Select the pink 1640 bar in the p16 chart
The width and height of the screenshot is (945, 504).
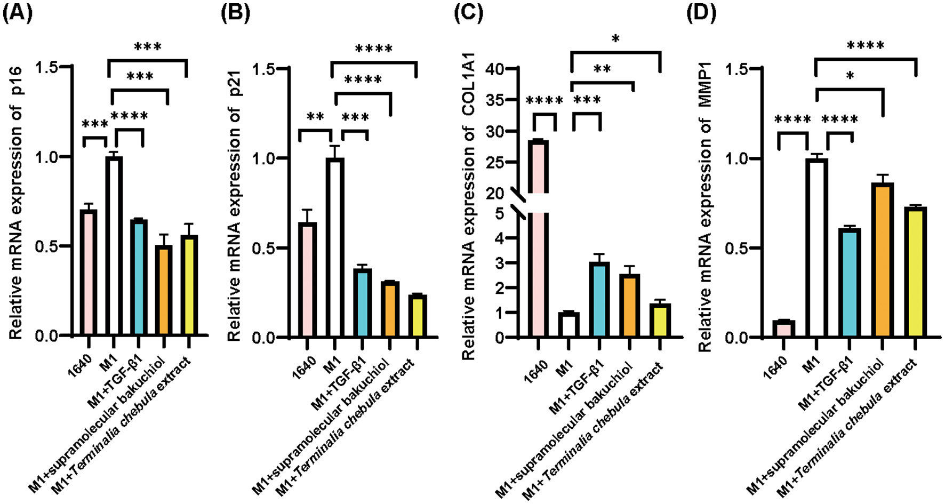point(89,272)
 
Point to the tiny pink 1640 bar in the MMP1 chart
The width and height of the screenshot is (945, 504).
point(783,329)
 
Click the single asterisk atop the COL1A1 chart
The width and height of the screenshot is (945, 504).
point(615,39)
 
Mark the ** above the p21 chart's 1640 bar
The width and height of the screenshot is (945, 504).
point(316,116)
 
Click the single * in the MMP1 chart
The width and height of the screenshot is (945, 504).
point(850,76)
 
